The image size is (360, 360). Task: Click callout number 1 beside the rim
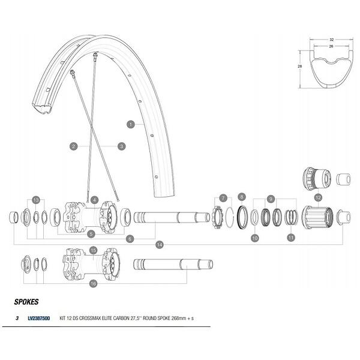(130, 124)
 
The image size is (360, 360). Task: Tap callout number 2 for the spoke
(73, 146)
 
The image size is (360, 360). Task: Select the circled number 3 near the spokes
(121, 146)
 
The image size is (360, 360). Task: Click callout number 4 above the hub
(94, 199)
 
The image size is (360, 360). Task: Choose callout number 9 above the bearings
(271, 199)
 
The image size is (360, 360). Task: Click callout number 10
(255, 238)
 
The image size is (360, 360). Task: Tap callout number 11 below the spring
(291, 238)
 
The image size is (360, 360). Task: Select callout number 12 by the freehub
(318, 197)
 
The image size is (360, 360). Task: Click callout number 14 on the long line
(159, 245)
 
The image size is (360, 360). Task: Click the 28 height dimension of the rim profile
(299, 68)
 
